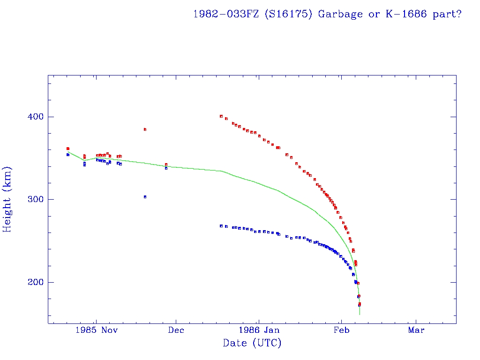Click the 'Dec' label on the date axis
[x=176, y=330]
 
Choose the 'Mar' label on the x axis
[x=416, y=330]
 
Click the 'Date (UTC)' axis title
[x=252, y=344]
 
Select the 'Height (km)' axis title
[x=8, y=199]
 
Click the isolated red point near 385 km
[x=145, y=129]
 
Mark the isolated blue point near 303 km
[x=145, y=197]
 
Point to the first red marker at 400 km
[x=221, y=116]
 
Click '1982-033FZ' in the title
[x=227, y=14]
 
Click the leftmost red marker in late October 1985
[x=67, y=149]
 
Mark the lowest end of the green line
[x=360, y=314]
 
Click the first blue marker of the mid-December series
[x=221, y=226]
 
